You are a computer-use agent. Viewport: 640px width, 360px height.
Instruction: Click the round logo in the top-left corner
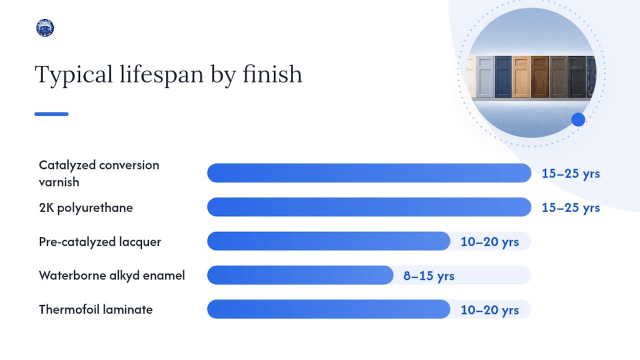(x=45, y=27)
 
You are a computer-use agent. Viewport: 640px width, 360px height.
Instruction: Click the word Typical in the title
(x=73, y=74)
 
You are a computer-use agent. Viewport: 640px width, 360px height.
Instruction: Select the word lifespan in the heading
(x=161, y=74)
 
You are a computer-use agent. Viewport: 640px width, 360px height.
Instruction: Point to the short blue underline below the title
(x=51, y=114)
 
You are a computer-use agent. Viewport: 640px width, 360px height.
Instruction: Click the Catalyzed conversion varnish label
(x=99, y=173)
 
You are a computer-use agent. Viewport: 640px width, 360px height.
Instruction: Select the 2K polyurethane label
(x=85, y=207)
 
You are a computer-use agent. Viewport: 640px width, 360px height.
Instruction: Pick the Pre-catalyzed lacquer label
(x=99, y=241)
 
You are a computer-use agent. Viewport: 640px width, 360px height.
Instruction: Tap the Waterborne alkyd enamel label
(x=111, y=275)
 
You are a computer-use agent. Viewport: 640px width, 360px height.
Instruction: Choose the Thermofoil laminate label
(x=95, y=309)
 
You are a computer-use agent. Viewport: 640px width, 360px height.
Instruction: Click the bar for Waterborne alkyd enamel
(x=300, y=275)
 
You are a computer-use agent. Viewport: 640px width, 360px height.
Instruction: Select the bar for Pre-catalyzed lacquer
(x=328, y=241)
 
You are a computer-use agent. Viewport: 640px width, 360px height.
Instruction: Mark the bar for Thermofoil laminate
(x=328, y=309)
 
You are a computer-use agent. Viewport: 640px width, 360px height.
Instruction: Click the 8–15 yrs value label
(x=428, y=276)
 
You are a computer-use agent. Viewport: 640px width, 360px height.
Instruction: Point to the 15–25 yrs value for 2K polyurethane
(x=570, y=207)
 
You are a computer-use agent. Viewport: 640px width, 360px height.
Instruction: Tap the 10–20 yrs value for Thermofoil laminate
(x=489, y=310)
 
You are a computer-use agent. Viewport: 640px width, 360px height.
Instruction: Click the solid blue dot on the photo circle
(x=578, y=119)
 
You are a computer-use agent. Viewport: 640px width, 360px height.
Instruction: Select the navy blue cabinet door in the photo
(x=503, y=77)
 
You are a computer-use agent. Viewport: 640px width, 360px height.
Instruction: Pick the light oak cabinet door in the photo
(x=521, y=77)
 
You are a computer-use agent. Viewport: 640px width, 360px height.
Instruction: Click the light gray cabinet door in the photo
(x=485, y=77)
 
